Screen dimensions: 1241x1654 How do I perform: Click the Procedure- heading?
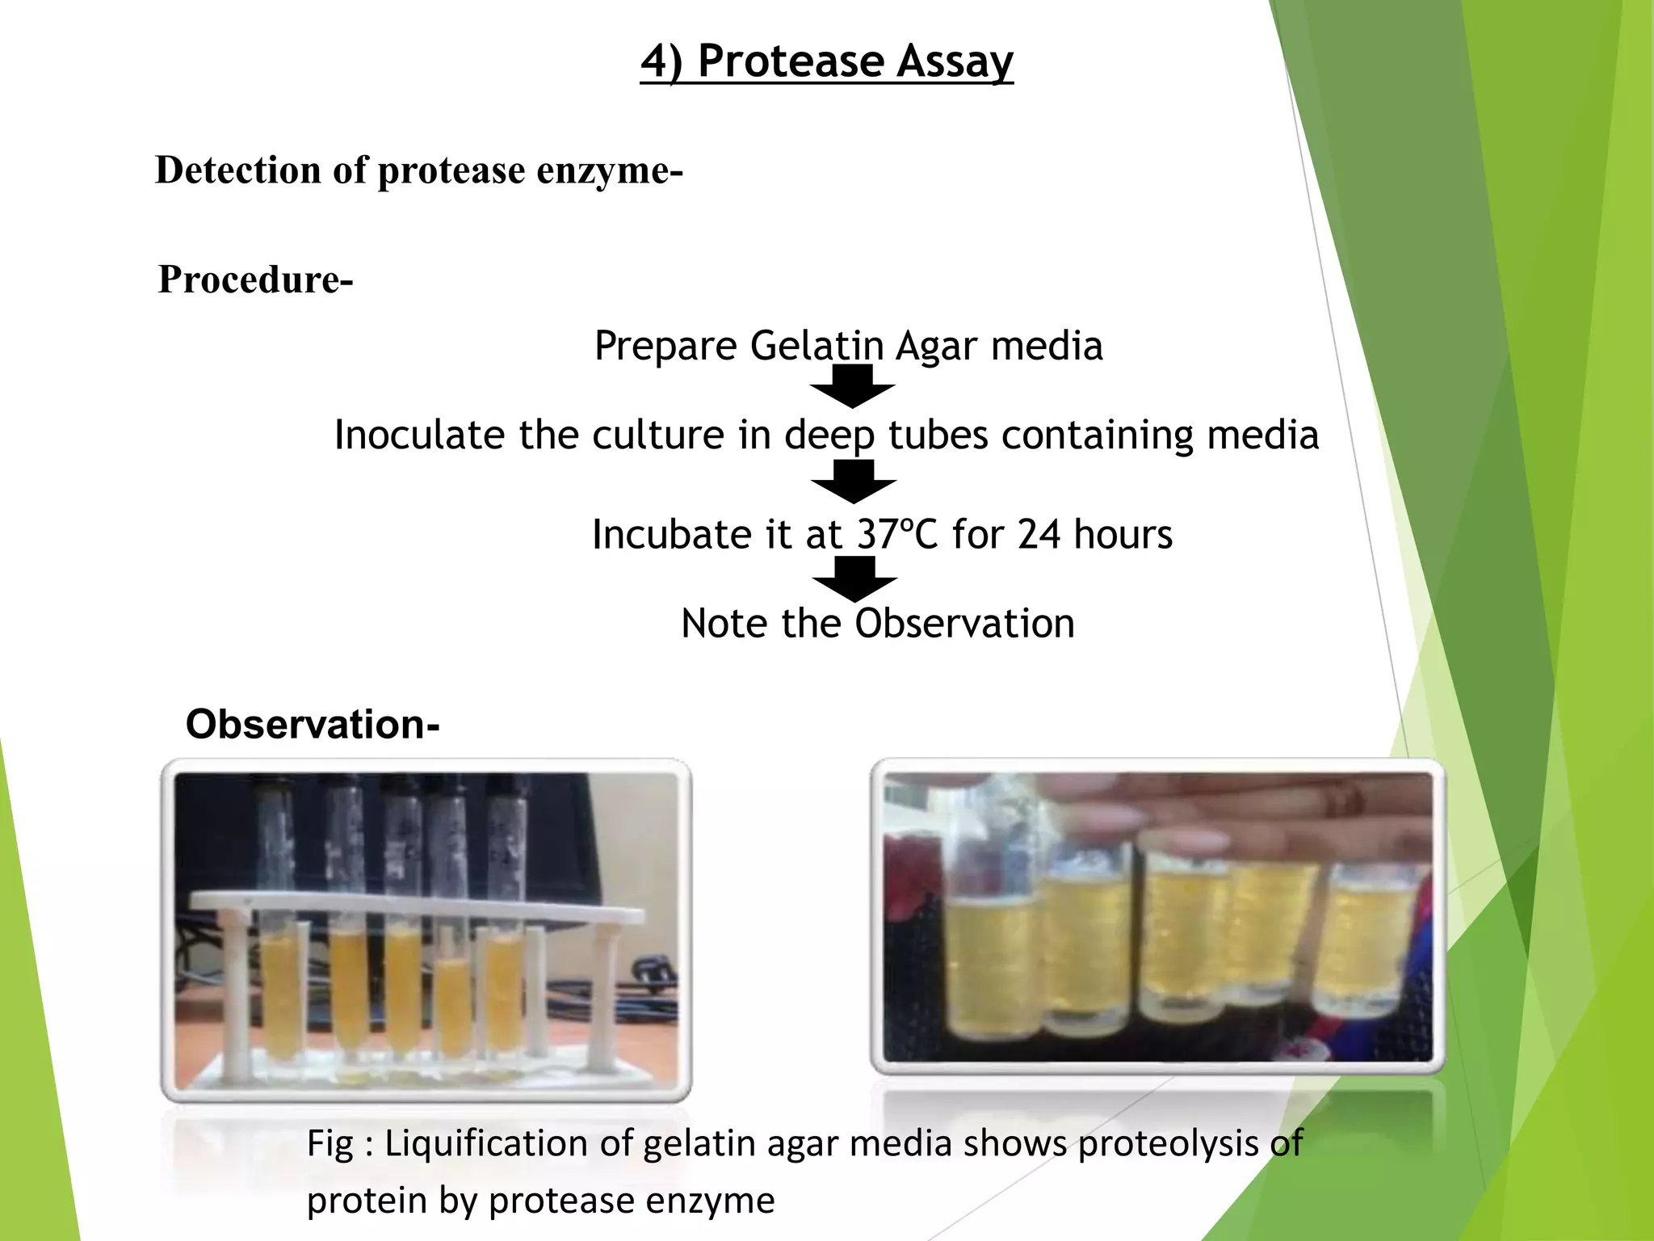point(255,280)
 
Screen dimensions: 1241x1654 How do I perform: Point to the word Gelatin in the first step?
point(816,346)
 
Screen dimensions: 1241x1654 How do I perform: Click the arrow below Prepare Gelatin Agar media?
point(853,386)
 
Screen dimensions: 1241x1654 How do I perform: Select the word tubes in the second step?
point(938,435)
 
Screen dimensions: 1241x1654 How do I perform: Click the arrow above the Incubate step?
point(854,482)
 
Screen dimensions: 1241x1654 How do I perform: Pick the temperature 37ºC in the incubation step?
point(897,535)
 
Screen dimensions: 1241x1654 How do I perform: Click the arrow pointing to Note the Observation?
point(854,579)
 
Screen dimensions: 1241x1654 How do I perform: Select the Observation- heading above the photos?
point(313,724)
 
